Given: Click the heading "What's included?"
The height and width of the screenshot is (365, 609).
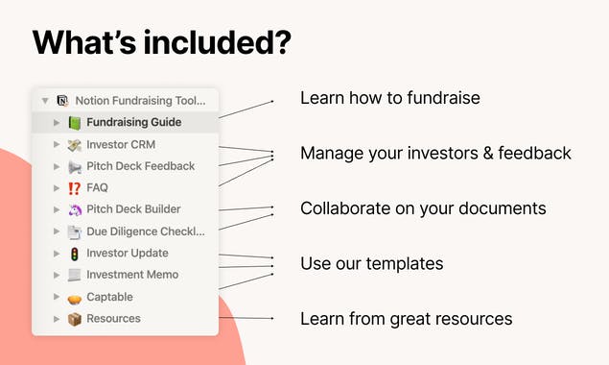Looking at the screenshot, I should pos(161,41).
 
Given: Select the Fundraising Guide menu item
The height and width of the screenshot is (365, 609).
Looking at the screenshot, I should pos(133,122).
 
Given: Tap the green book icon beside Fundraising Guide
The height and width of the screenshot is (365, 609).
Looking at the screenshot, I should pos(74,122).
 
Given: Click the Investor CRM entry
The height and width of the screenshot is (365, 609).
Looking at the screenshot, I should pos(121,144).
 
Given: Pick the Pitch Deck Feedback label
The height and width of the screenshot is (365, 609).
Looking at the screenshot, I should pos(141,166).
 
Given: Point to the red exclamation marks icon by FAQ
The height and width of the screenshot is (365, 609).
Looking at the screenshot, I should pos(74,187).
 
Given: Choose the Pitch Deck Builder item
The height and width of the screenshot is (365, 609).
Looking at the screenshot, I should pos(133,209).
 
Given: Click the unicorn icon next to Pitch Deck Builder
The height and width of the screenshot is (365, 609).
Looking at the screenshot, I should pos(74,209).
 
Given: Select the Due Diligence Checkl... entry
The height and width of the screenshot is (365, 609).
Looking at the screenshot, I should pos(146,231).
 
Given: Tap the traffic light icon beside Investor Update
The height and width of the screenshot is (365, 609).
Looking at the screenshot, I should pos(74,254).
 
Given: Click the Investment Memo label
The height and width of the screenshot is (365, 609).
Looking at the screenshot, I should pos(132,275).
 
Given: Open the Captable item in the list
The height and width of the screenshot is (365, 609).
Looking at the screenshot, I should pos(109,297).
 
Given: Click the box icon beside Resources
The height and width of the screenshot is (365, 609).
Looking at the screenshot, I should pos(74,319).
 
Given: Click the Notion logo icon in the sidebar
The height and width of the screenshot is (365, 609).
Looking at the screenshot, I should pos(63,100).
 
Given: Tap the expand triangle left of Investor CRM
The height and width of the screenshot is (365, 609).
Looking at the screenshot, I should pos(57,145).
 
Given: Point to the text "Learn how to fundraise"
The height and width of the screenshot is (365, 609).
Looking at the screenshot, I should pos(389,98).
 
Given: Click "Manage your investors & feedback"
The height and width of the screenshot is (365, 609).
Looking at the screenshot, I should pos(435,153).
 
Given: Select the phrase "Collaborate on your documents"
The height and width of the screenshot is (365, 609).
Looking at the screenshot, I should pos(423,208).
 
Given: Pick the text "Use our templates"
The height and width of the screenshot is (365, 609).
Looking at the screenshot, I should pos(371,263).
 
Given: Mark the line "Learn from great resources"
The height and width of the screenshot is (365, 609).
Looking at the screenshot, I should pos(406,318).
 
